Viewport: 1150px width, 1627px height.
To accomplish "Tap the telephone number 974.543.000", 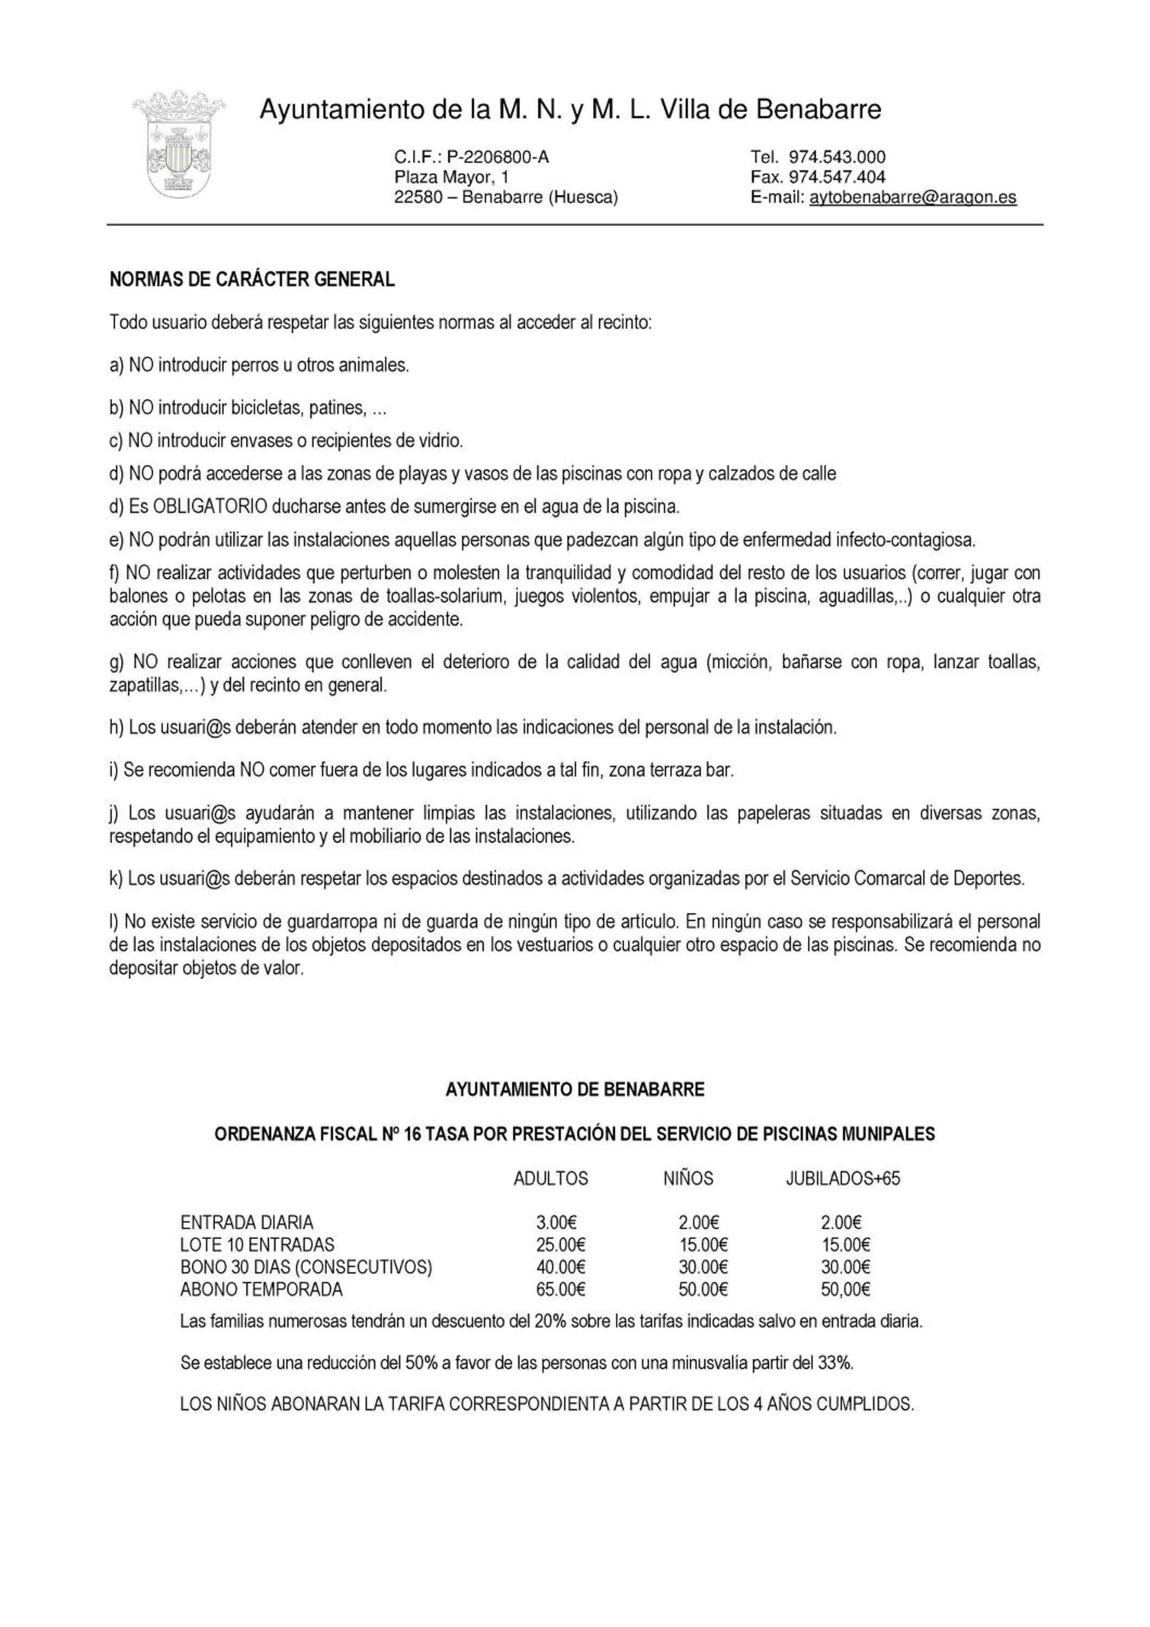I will (x=837, y=157).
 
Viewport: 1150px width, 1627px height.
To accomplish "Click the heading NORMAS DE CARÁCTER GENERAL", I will (x=252, y=280).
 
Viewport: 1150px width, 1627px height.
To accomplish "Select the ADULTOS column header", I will (x=551, y=1178).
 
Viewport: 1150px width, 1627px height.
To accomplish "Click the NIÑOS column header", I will (x=688, y=1178).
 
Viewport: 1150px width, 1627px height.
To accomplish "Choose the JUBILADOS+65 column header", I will (x=842, y=1178).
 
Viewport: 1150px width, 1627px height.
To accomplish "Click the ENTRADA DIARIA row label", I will (x=247, y=1222).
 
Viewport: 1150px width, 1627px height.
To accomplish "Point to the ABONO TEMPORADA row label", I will (x=261, y=1289).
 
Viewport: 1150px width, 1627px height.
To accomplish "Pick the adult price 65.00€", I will (x=560, y=1289).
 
